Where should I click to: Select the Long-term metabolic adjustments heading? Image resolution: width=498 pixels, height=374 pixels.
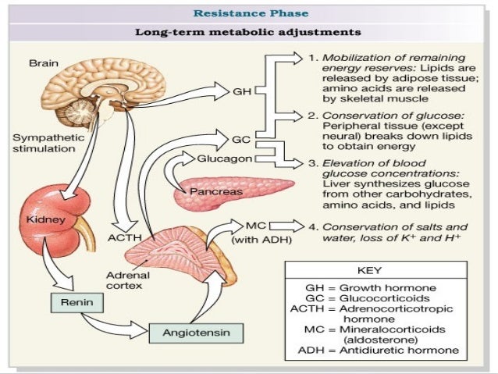point(247,33)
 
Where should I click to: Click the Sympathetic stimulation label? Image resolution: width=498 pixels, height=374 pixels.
point(43,141)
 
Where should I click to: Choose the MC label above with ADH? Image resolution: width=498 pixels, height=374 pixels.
point(255,225)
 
